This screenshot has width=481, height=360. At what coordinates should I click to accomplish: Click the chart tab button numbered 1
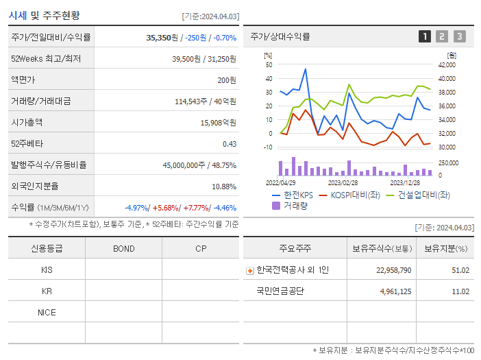point(425,36)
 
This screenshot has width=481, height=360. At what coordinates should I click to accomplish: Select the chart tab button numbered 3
point(459,36)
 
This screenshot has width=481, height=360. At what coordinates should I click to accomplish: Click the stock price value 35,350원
point(162,37)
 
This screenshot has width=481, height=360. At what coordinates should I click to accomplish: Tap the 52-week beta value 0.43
point(230,143)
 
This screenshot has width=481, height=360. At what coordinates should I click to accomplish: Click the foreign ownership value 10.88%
point(224,186)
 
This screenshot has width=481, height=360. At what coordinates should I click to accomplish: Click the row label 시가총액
point(27,122)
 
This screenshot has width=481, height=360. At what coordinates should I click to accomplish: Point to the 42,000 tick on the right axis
point(447,65)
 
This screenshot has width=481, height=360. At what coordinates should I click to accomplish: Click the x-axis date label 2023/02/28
point(343,183)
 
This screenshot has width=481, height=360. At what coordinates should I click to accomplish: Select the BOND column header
point(124,248)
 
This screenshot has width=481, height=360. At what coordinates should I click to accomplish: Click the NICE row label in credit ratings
point(47,312)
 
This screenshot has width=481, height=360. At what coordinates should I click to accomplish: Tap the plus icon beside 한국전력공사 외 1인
point(250,270)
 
